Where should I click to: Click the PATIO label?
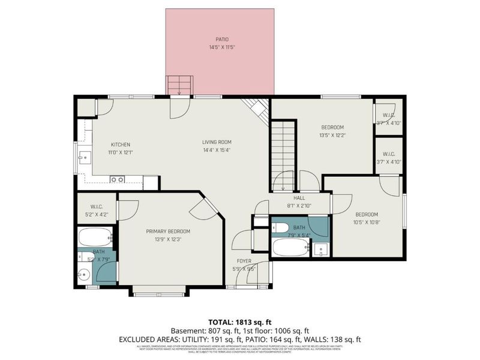pyautogui.click(x=220, y=39)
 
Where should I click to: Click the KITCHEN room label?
pyautogui.click(x=120, y=145)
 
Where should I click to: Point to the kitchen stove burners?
pyautogui.click(x=117, y=179)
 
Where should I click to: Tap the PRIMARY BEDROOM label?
pyautogui.click(x=168, y=231)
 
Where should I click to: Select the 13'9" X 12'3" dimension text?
pyautogui.click(x=168, y=239)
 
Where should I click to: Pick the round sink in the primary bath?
pyautogui.click(x=85, y=275)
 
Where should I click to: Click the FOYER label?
pyautogui.click(x=244, y=261)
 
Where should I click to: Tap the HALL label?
pyautogui.click(x=299, y=197)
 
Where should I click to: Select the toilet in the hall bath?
pyautogui.click(x=282, y=227)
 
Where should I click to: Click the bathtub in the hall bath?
pyautogui.click(x=290, y=247)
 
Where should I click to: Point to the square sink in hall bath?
pyautogui.click(x=320, y=249)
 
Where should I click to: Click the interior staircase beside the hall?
pyautogui.click(x=283, y=153)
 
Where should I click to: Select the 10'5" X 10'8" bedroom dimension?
pyautogui.click(x=366, y=222)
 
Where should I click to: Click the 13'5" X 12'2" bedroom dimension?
pyautogui.click(x=332, y=135)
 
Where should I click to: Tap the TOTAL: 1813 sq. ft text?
pyautogui.click(x=239, y=321)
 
